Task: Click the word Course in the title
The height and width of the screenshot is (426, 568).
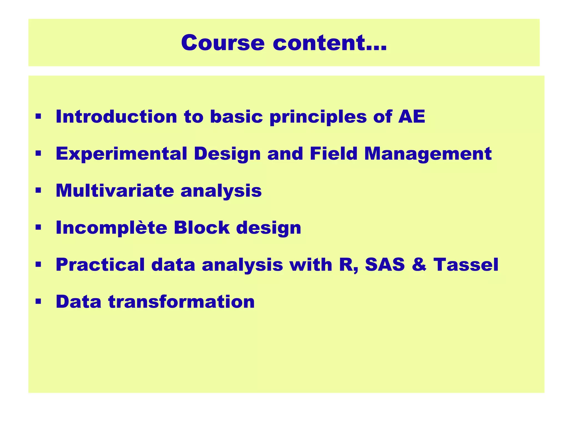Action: pyautogui.click(x=223, y=43)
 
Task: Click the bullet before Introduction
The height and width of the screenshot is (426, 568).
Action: pyautogui.click(x=38, y=116)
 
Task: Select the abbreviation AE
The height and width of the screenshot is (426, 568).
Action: pyautogui.click(x=412, y=116)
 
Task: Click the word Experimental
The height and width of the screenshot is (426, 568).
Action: pyautogui.click(x=121, y=154)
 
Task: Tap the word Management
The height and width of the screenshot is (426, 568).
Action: pyautogui.click(x=428, y=154)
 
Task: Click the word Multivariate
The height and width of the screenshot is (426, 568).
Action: pyautogui.click(x=115, y=191)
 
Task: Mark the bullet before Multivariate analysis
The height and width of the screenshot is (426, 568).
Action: pyautogui.click(x=38, y=191)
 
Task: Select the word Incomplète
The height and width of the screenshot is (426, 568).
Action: pyautogui.click(x=111, y=228)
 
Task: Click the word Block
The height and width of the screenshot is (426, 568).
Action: pyautogui.click(x=202, y=228)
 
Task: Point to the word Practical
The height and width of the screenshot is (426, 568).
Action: pyautogui.click(x=100, y=265)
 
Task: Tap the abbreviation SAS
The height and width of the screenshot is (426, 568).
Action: pyautogui.click(x=385, y=265)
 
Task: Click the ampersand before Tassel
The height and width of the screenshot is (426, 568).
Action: pyautogui.click(x=419, y=265)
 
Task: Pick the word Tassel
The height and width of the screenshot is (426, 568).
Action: pyautogui.click(x=466, y=265)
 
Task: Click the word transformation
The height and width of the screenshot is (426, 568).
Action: pyautogui.click(x=181, y=301)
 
